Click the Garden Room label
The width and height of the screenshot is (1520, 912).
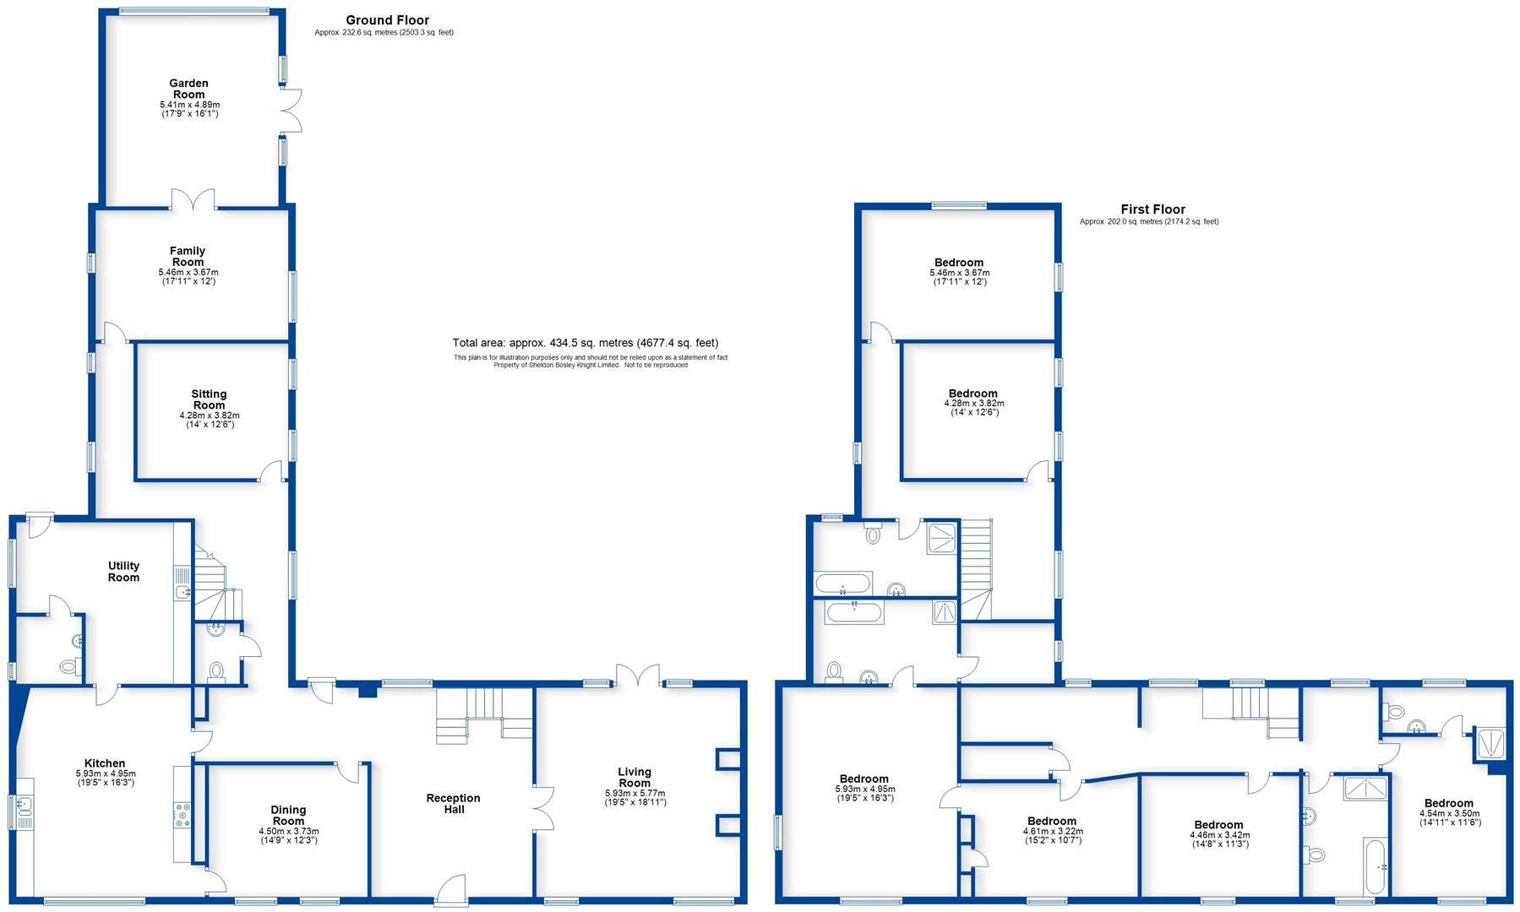[188, 89]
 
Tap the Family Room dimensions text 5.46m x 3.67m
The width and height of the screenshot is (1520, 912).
[188, 273]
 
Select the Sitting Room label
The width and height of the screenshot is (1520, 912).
[209, 399]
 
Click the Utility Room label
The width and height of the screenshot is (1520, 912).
[123, 572]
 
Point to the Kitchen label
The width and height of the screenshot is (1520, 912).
[105, 763]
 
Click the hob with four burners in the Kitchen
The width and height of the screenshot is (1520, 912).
[183, 814]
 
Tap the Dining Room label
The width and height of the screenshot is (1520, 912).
[288, 816]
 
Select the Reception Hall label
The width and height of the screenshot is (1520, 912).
[453, 804]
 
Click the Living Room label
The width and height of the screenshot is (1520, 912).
[635, 777]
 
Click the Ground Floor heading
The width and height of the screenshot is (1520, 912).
[387, 20]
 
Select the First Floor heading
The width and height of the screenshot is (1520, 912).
[1152, 209]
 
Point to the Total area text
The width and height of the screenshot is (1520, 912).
[585, 343]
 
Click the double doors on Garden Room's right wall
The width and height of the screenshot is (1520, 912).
[291, 110]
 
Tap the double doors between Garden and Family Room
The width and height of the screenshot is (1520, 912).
[193, 199]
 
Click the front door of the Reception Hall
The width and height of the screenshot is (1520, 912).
[453, 891]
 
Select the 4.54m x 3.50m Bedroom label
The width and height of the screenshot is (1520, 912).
[1448, 803]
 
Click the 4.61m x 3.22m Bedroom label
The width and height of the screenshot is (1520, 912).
[1052, 821]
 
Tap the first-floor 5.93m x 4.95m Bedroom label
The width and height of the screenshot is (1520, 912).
[864, 779]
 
